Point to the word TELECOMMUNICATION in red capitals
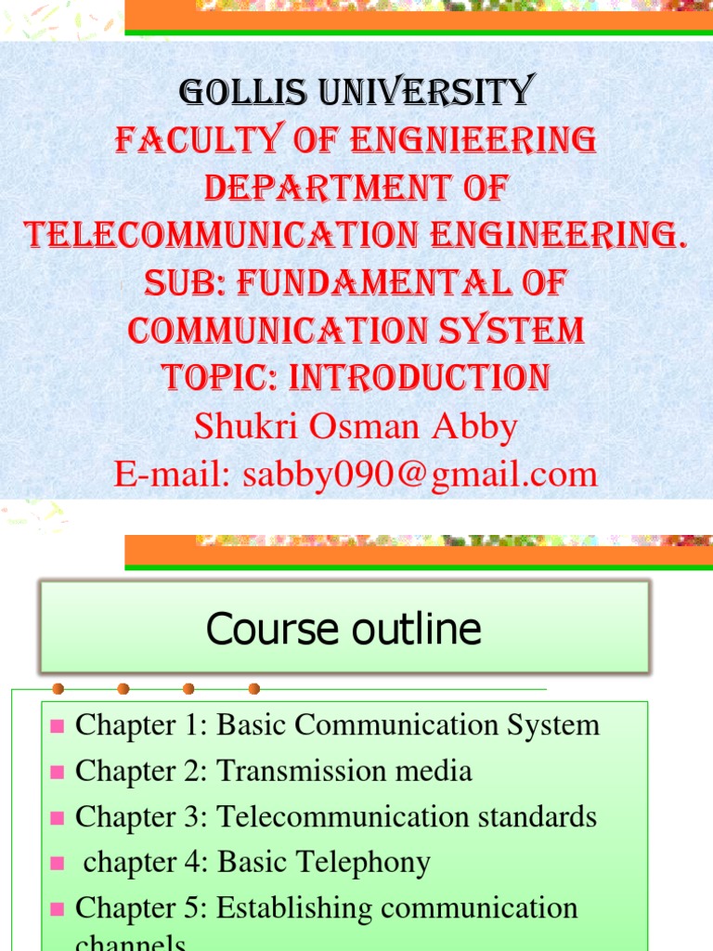pos(202,235)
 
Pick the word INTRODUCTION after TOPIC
pos(421,377)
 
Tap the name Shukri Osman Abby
pos(356,426)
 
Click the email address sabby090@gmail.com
pos(420,475)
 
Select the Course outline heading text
pos(344,630)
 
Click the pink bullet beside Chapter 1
pos(57,726)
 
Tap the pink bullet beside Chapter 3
pos(57,818)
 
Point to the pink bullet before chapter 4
pos(57,864)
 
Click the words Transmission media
pos(344,771)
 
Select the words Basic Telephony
pos(324,863)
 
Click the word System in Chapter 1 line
pos(553,725)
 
